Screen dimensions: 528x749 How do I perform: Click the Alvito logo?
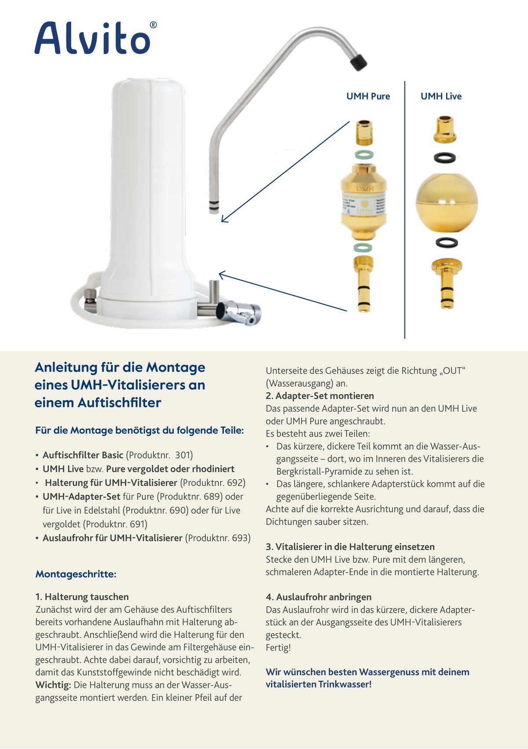coord(95,38)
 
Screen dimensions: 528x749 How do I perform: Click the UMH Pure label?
coord(368,96)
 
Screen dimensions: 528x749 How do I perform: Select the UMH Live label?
coord(441,96)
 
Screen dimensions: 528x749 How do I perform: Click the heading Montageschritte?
coord(76,574)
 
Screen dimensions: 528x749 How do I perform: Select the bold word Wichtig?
coord(53,685)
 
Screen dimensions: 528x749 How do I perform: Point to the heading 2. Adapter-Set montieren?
coord(320,396)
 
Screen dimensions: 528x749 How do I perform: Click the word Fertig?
coord(278,648)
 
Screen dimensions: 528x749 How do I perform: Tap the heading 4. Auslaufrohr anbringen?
coord(319,597)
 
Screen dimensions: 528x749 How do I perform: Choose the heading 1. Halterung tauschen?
coord(82,597)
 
